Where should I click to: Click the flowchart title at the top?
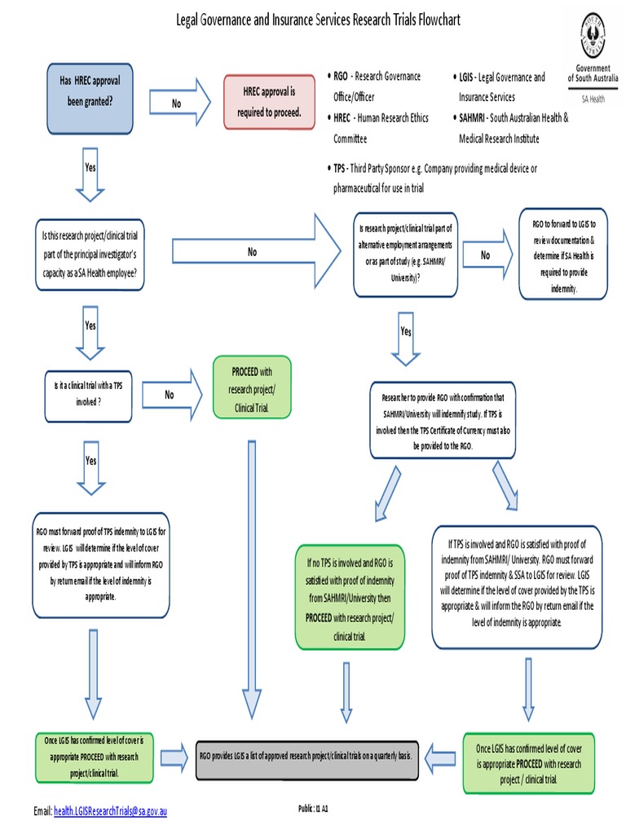(319, 20)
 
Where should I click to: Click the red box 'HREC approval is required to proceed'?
(269, 102)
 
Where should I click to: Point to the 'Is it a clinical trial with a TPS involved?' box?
(88, 395)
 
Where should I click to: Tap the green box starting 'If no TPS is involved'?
(350, 599)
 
